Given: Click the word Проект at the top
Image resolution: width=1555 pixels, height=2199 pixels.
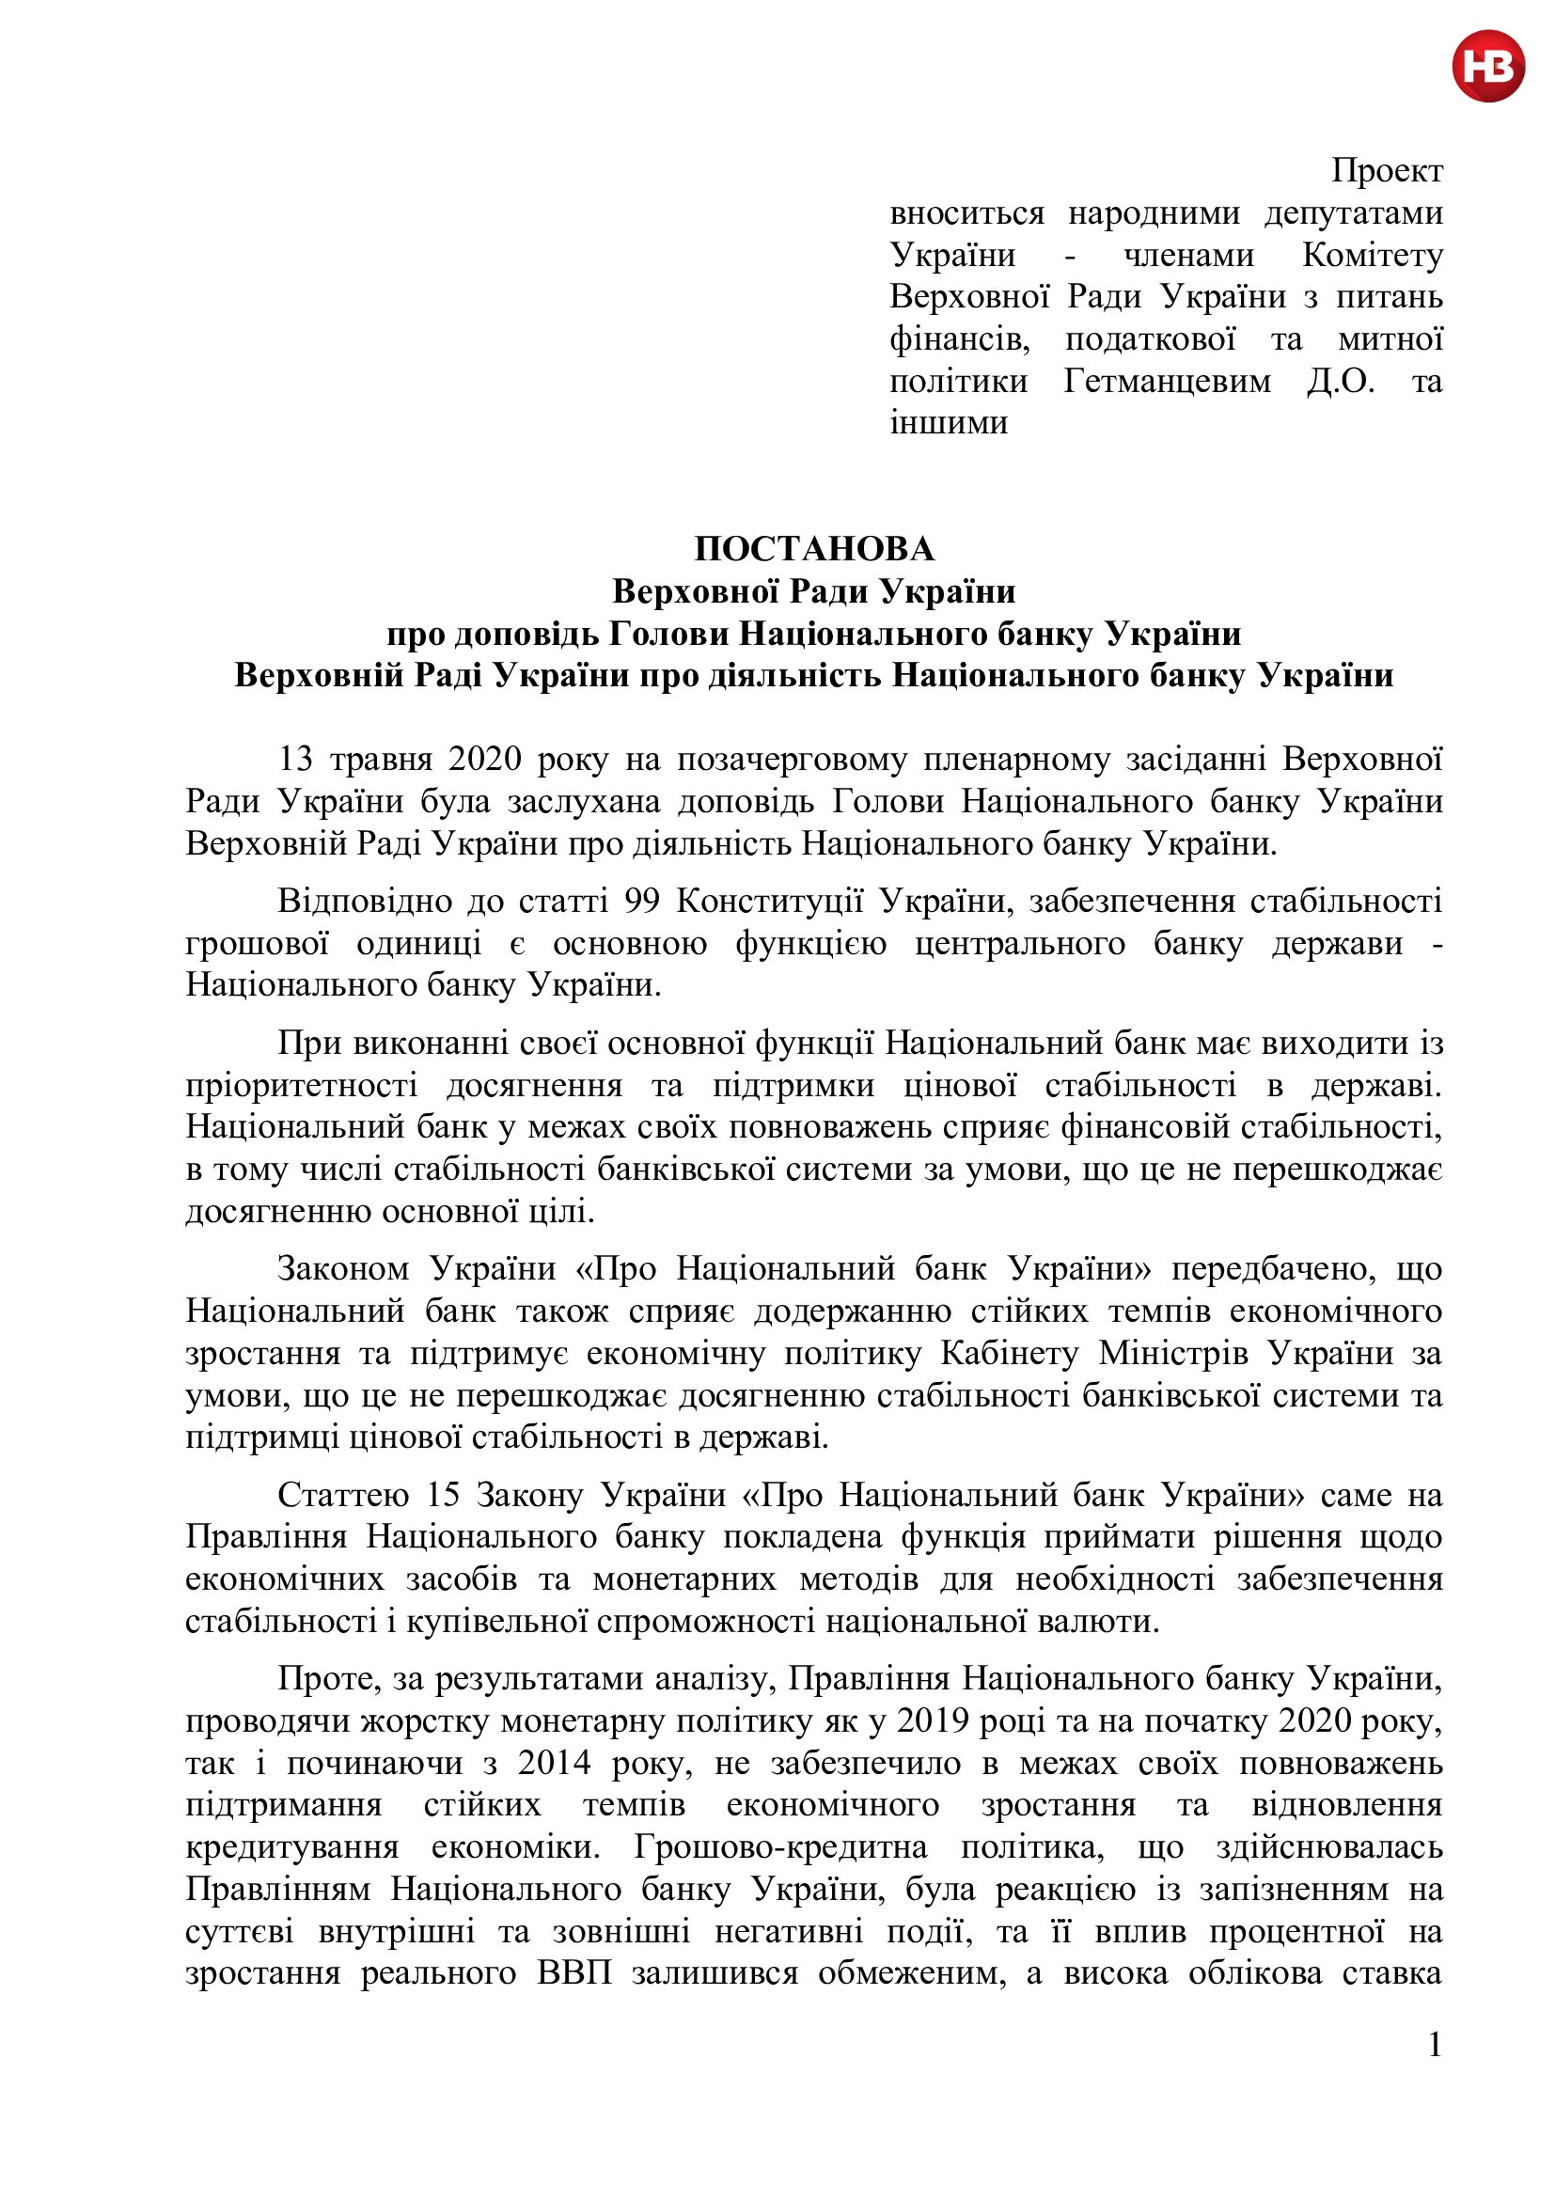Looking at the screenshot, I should (x=1386, y=171).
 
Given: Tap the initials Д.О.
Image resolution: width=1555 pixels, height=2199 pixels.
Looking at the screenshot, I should (x=1341, y=381).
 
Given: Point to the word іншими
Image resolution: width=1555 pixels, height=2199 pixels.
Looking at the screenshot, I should (x=948, y=422).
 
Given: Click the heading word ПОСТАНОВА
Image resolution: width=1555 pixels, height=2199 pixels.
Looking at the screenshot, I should (x=814, y=549).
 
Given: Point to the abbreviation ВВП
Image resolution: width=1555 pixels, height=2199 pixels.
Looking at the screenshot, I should (x=573, y=1974).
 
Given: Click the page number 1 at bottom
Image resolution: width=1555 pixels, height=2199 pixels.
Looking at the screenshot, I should (x=1434, y=2045).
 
